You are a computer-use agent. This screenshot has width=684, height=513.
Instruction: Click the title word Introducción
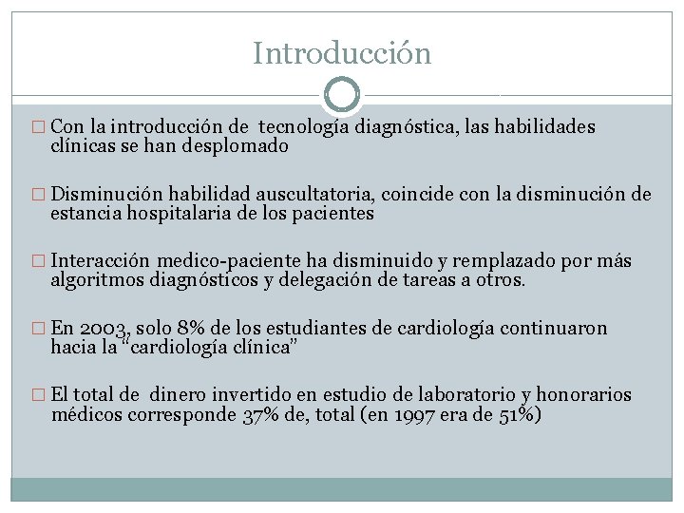(342, 53)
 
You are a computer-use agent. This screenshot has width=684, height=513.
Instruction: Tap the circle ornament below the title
(342, 95)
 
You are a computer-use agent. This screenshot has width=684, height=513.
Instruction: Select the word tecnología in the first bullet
(303, 126)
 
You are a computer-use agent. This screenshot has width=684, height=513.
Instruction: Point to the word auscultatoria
(318, 195)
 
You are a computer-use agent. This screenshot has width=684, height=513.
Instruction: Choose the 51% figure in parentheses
(518, 415)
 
